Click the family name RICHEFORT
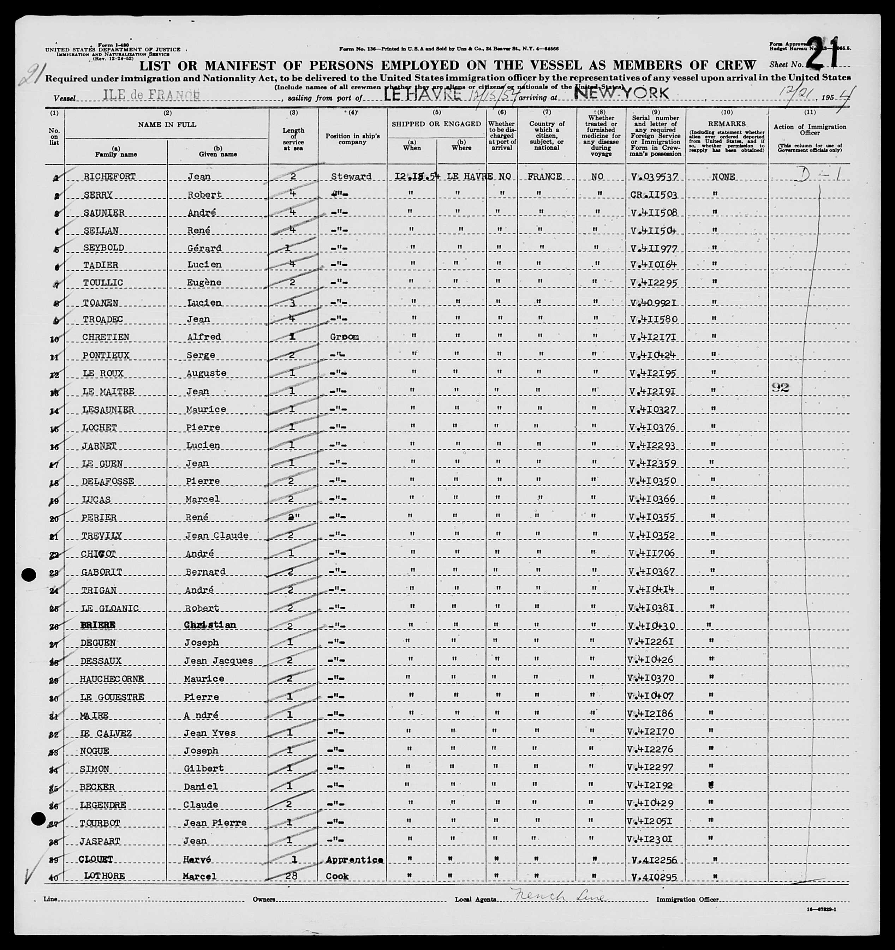coord(109,176)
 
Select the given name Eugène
coord(204,282)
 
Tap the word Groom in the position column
coord(344,337)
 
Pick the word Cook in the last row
coord(337,876)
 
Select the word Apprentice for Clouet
coord(354,860)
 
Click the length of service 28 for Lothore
coord(293,876)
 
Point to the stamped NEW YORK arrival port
coord(621,93)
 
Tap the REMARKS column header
coord(727,124)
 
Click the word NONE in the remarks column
coord(723,177)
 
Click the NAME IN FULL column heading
coord(167,125)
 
